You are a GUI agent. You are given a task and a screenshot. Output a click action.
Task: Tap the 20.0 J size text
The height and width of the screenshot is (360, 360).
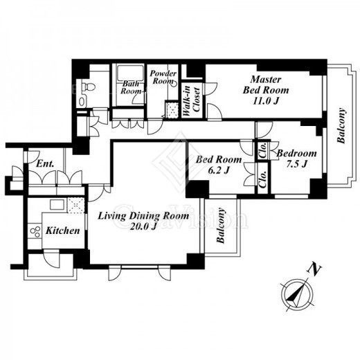point(143,227)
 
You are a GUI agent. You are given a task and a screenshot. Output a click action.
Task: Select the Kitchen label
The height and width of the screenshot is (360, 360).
point(63,231)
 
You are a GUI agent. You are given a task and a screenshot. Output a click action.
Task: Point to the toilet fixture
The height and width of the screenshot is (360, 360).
point(89,87)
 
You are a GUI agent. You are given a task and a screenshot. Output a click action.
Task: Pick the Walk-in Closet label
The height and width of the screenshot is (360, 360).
point(192,101)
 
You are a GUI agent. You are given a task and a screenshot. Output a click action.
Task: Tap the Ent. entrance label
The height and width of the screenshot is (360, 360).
point(46,163)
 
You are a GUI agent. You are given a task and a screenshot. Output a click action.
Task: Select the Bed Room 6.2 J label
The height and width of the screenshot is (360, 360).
point(219,165)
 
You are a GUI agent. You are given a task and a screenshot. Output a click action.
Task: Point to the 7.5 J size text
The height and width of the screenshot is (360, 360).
point(297,164)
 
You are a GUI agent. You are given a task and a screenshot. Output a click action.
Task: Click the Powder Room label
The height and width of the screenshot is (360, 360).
point(163,77)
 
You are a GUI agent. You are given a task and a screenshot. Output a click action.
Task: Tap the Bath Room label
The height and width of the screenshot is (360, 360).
point(131,87)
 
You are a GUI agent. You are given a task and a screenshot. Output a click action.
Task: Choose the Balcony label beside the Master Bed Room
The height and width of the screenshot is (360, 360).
point(341,125)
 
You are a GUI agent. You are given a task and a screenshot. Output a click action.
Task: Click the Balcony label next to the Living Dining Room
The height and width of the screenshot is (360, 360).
point(221,226)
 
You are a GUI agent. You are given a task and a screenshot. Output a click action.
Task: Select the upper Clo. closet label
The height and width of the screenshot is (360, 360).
point(263,150)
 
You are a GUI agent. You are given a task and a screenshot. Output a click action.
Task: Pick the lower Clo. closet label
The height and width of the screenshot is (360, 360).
point(263,179)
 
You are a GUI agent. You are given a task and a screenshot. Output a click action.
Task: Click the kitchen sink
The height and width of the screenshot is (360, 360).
point(57,204)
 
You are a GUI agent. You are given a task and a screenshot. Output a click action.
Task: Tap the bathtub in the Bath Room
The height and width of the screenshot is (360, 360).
point(130,73)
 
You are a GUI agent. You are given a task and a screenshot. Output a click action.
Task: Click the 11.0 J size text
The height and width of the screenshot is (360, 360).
point(266,101)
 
